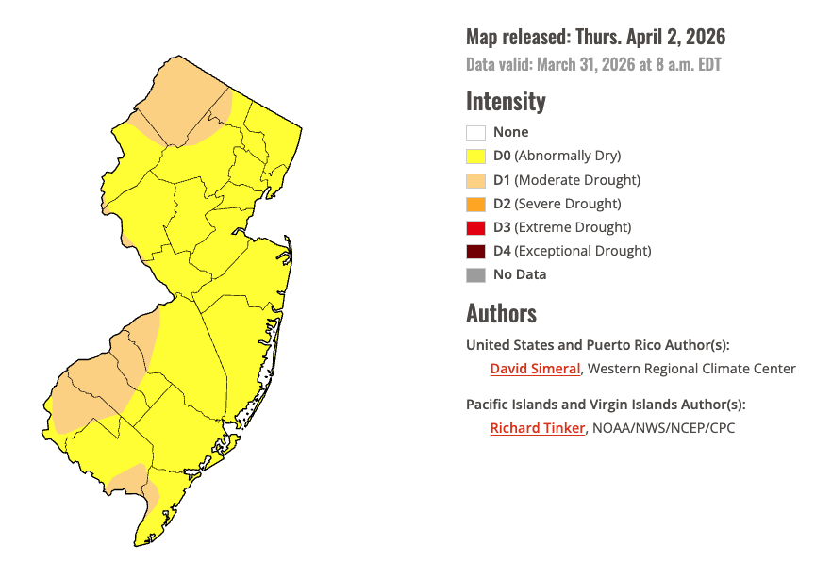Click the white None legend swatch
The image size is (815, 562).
click(x=475, y=133)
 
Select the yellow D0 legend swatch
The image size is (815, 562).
click(x=475, y=157)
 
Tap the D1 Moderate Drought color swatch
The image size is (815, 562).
click(x=475, y=180)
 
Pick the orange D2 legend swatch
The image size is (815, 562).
click(x=475, y=204)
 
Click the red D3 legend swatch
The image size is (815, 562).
click(x=475, y=227)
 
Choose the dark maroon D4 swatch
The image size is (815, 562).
click(x=475, y=251)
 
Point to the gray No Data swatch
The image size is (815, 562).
click(x=475, y=275)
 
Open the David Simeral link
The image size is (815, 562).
click(x=535, y=369)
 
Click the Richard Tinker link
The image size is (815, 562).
click(x=537, y=428)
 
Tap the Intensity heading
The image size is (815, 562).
click(x=506, y=101)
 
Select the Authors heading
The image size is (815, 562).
click(x=501, y=313)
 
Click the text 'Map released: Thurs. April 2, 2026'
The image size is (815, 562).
click(x=595, y=38)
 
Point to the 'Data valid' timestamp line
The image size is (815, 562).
click(x=594, y=64)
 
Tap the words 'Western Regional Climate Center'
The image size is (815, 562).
click(x=691, y=369)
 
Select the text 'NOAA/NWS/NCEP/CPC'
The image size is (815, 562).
click(x=663, y=428)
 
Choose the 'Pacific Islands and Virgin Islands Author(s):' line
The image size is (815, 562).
click(x=606, y=405)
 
